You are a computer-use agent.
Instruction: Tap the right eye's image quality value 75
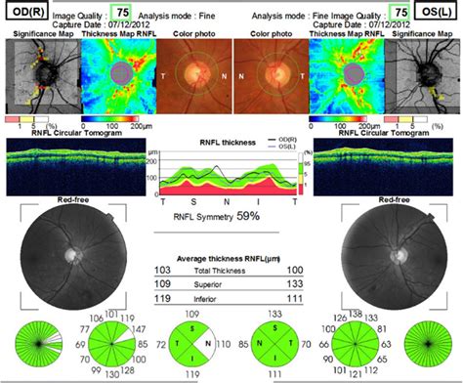coord(121,13)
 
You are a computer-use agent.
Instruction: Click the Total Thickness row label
coord(231,268)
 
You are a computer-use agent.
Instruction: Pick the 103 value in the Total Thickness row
coord(164,268)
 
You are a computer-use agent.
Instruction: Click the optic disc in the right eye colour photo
coord(195,76)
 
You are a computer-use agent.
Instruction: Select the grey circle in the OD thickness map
coord(118,75)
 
